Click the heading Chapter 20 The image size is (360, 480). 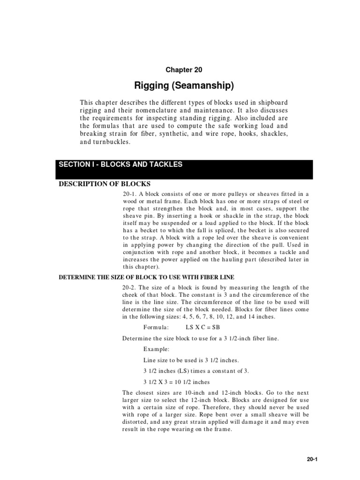[x=184, y=70]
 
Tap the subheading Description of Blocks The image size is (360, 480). [x=104, y=183]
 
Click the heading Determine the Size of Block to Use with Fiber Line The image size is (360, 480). [x=146, y=277]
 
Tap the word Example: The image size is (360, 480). [x=156, y=349]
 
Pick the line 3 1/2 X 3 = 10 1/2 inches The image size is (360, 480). [x=177, y=382]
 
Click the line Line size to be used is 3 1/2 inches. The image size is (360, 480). [x=191, y=360]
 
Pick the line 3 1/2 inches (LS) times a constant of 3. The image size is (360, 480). [x=196, y=371]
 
